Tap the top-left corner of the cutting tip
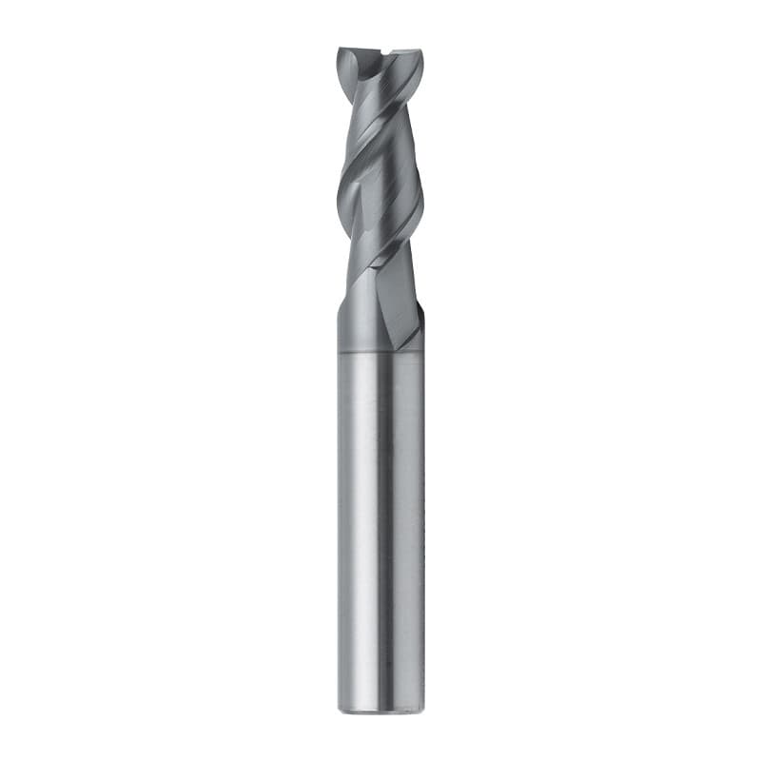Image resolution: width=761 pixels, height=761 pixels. [339, 49]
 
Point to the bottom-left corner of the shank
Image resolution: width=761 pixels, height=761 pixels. [339, 708]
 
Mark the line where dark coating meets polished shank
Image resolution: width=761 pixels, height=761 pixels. [380, 351]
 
